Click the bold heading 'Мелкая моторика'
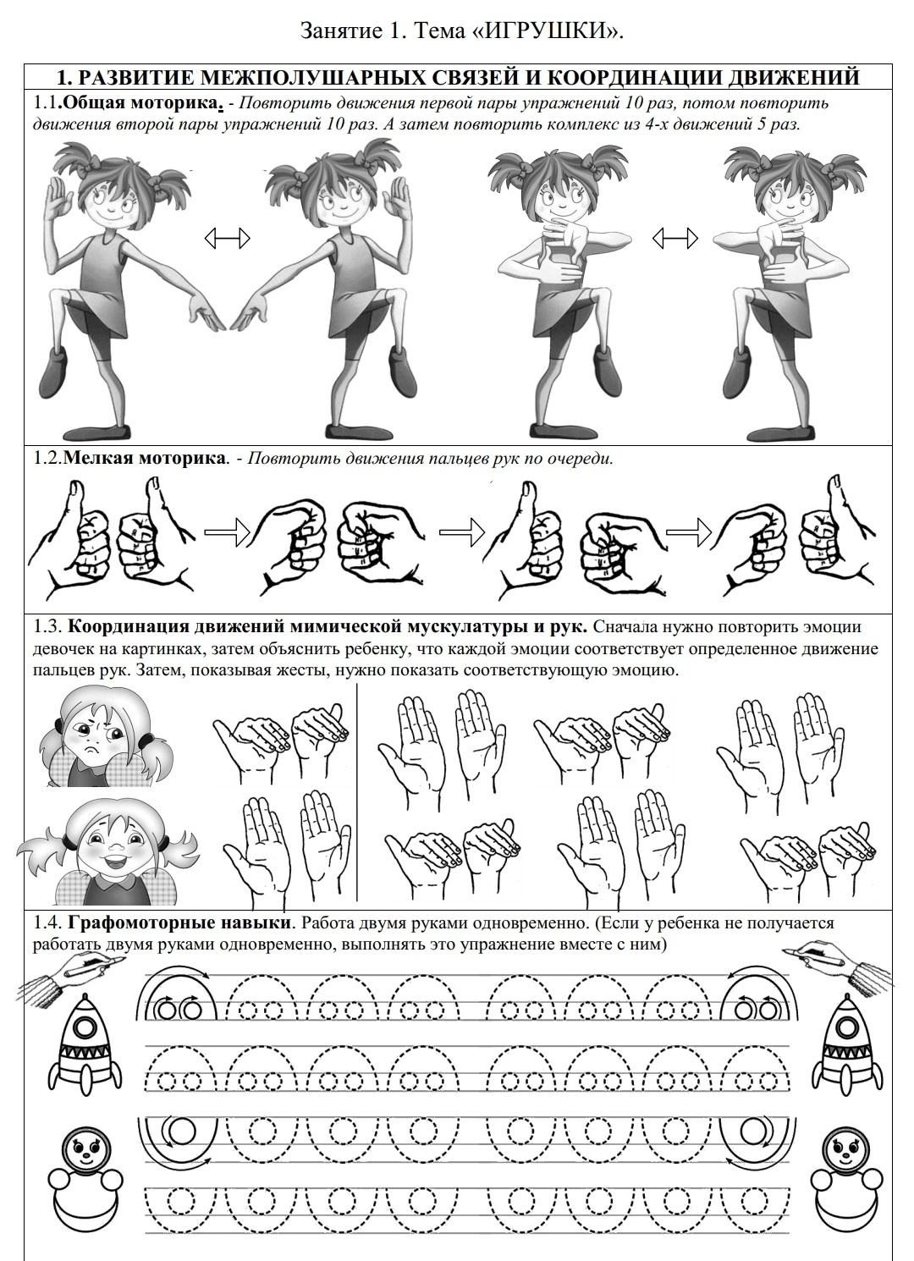[145, 458]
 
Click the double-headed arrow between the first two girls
[227, 239]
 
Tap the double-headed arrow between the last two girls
[675, 239]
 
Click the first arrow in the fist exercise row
[227, 531]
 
